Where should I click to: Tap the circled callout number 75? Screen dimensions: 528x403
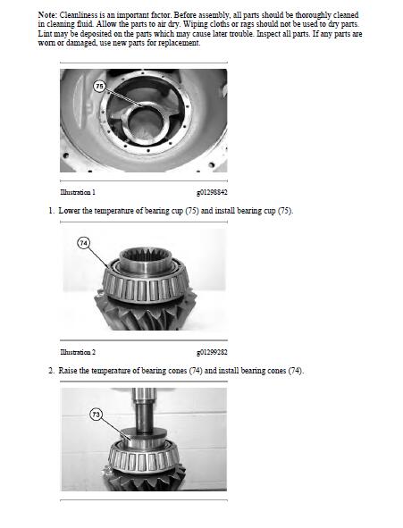coord(99,86)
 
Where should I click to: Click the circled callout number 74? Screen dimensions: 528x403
coord(84,243)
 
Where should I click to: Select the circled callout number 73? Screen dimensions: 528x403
coord(96,414)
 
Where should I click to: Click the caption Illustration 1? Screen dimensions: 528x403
coord(78,192)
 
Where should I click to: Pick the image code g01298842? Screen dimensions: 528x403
coord(212,192)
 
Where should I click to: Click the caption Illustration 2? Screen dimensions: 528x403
coord(78,352)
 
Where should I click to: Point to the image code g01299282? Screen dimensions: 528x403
coord(212,352)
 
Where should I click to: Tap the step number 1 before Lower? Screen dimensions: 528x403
coord(50,211)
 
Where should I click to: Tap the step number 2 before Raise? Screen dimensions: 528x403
coord(50,371)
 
